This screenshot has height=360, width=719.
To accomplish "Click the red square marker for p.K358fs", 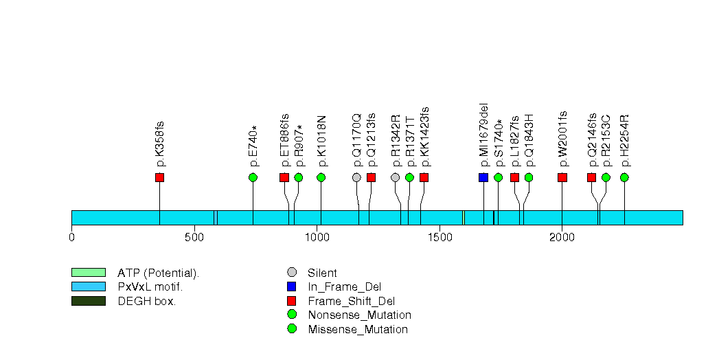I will click(159, 178).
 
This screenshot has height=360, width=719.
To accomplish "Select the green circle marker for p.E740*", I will click(253, 178).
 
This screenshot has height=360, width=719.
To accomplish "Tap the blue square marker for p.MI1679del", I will click(483, 178).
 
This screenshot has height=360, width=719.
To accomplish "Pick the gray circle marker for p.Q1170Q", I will click(356, 178).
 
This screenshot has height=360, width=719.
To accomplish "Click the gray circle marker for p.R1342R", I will click(395, 178).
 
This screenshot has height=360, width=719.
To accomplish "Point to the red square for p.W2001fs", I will click(562, 178).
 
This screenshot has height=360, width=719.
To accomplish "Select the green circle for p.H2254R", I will click(624, 178).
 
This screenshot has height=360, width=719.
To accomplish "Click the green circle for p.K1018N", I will click(321, 178).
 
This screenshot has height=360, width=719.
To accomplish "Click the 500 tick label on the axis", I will click(194, 238).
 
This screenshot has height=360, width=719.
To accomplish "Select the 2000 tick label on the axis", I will click(562, 238).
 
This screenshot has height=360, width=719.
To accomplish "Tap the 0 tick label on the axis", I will click(71, 238).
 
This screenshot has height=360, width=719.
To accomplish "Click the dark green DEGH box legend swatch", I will click(88, 301).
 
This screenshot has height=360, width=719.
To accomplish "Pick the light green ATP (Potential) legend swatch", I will click(88, 273).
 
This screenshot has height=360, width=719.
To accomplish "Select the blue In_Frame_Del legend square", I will click(292, 286).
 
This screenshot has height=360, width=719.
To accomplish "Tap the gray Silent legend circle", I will click(292, 273).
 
